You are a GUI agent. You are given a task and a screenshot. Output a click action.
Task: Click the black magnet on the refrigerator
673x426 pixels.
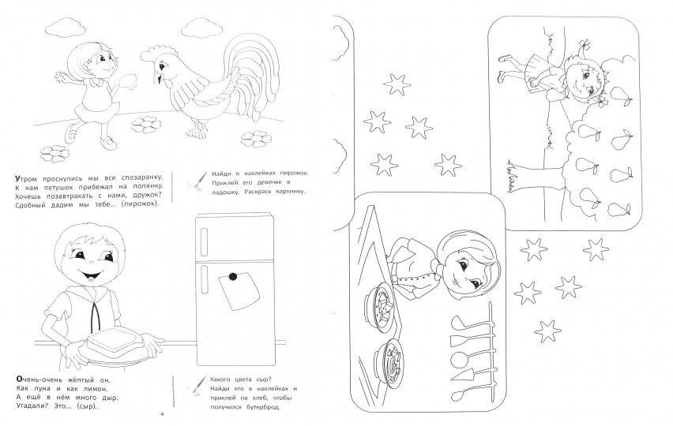(233, 277)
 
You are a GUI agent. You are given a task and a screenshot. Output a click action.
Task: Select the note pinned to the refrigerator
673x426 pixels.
(239, 291)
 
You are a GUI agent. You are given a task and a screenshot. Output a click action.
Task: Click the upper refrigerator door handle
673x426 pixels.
(204, 242)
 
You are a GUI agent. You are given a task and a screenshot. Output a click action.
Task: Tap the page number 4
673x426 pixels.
(162, 414)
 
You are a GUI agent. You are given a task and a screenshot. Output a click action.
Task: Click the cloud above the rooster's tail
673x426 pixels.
(201, 28)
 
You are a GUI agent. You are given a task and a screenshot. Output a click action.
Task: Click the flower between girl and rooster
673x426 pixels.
(146, 125)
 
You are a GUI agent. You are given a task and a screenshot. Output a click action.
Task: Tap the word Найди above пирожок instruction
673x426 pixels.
(222, 174)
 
